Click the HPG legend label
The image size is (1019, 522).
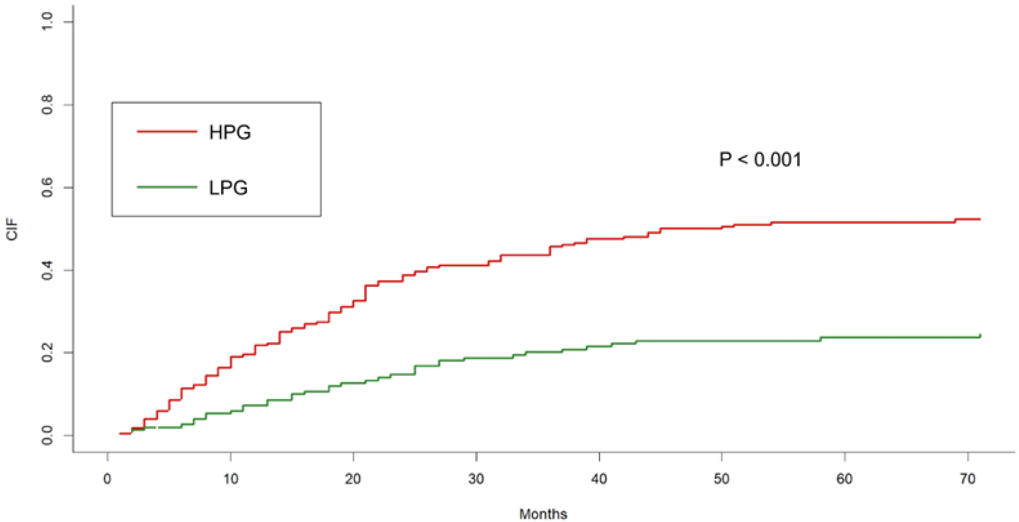pyautogui.click(x=230, y=132)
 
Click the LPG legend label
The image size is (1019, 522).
pyautogui.click(x=228, y=188)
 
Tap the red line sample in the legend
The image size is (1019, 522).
pyautogui.click(x=167, y=131)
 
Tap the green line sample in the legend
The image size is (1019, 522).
pyautogui.click(x=167, y=187)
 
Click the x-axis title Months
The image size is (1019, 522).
pyautogui.click(x=543, y=514)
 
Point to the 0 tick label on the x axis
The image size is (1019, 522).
pyautogui.click(x=107, y=479)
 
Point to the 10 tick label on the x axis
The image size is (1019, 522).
pyautogui.click(x=231, y=479)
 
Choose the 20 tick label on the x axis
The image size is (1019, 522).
pyautogui.click(x=353, y=479)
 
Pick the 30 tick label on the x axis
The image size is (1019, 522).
pyautogui.click(x=476, y=479)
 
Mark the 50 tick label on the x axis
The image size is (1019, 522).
pyautogui.click(x=722, y=479)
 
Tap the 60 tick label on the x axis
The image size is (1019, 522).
pyautogui.click(x=845, y=479)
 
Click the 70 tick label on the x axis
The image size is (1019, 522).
pyautogui.click(x=968, y=479)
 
